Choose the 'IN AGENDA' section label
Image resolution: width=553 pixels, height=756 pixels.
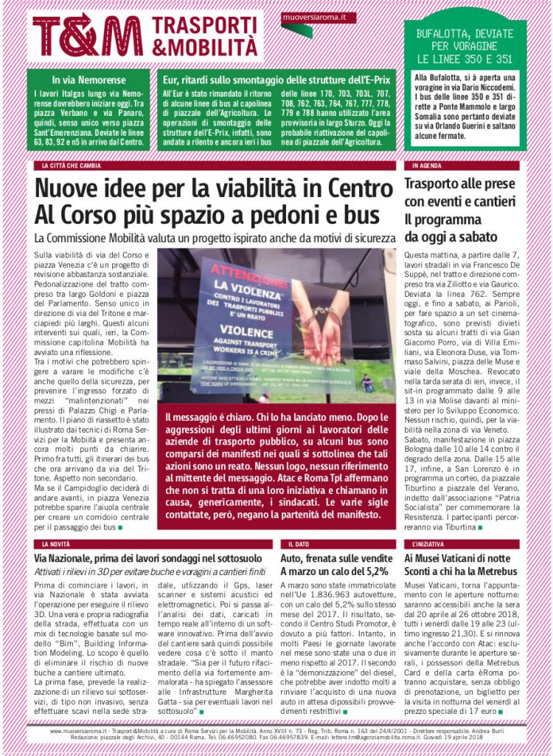tap(428, 166)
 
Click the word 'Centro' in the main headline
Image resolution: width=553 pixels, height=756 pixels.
tap(345, 188)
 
